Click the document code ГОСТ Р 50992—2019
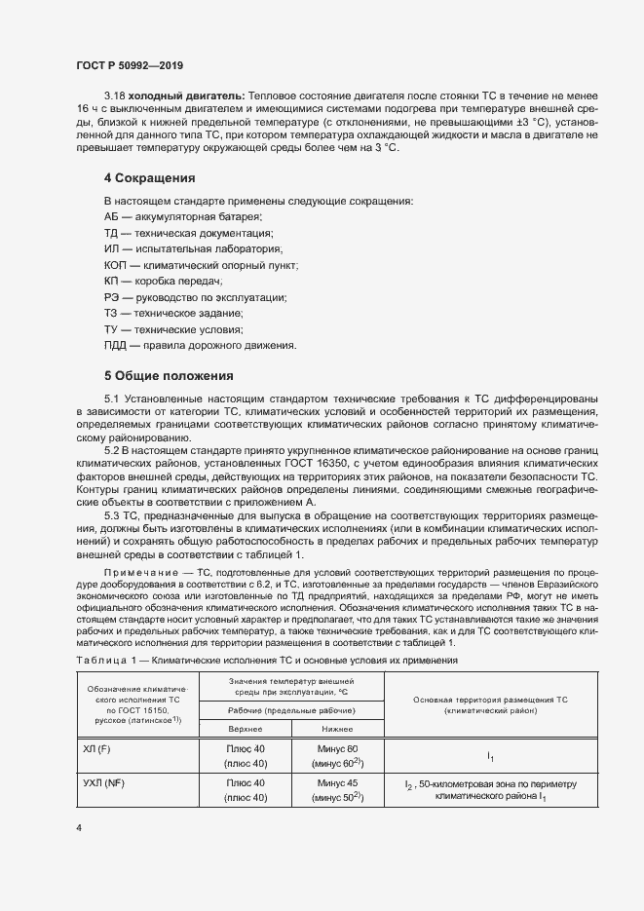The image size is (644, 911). point(129,65)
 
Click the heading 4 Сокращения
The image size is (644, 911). point(150,178)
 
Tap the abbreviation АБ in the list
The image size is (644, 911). point(112,215)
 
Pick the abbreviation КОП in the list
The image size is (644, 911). point(117,265)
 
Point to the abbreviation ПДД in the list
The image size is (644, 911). point(117,346)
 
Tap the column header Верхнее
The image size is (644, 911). point(246,728)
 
